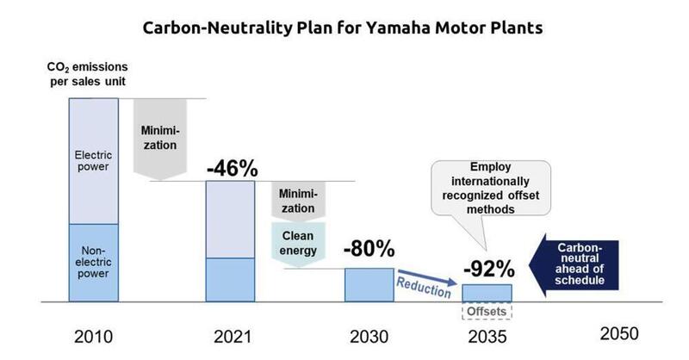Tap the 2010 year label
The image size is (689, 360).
click(93, 337)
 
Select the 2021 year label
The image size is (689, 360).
click(230, 337)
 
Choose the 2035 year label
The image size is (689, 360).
click(487, 337)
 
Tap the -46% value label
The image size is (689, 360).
click(232, 168)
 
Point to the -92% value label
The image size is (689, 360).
click(487, 268)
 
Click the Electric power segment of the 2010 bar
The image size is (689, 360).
click(93, 161)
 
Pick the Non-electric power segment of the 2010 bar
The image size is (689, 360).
click(93, 263)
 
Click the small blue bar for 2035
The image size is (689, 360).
click(487, 293)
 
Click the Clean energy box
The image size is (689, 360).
click(295, 240)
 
